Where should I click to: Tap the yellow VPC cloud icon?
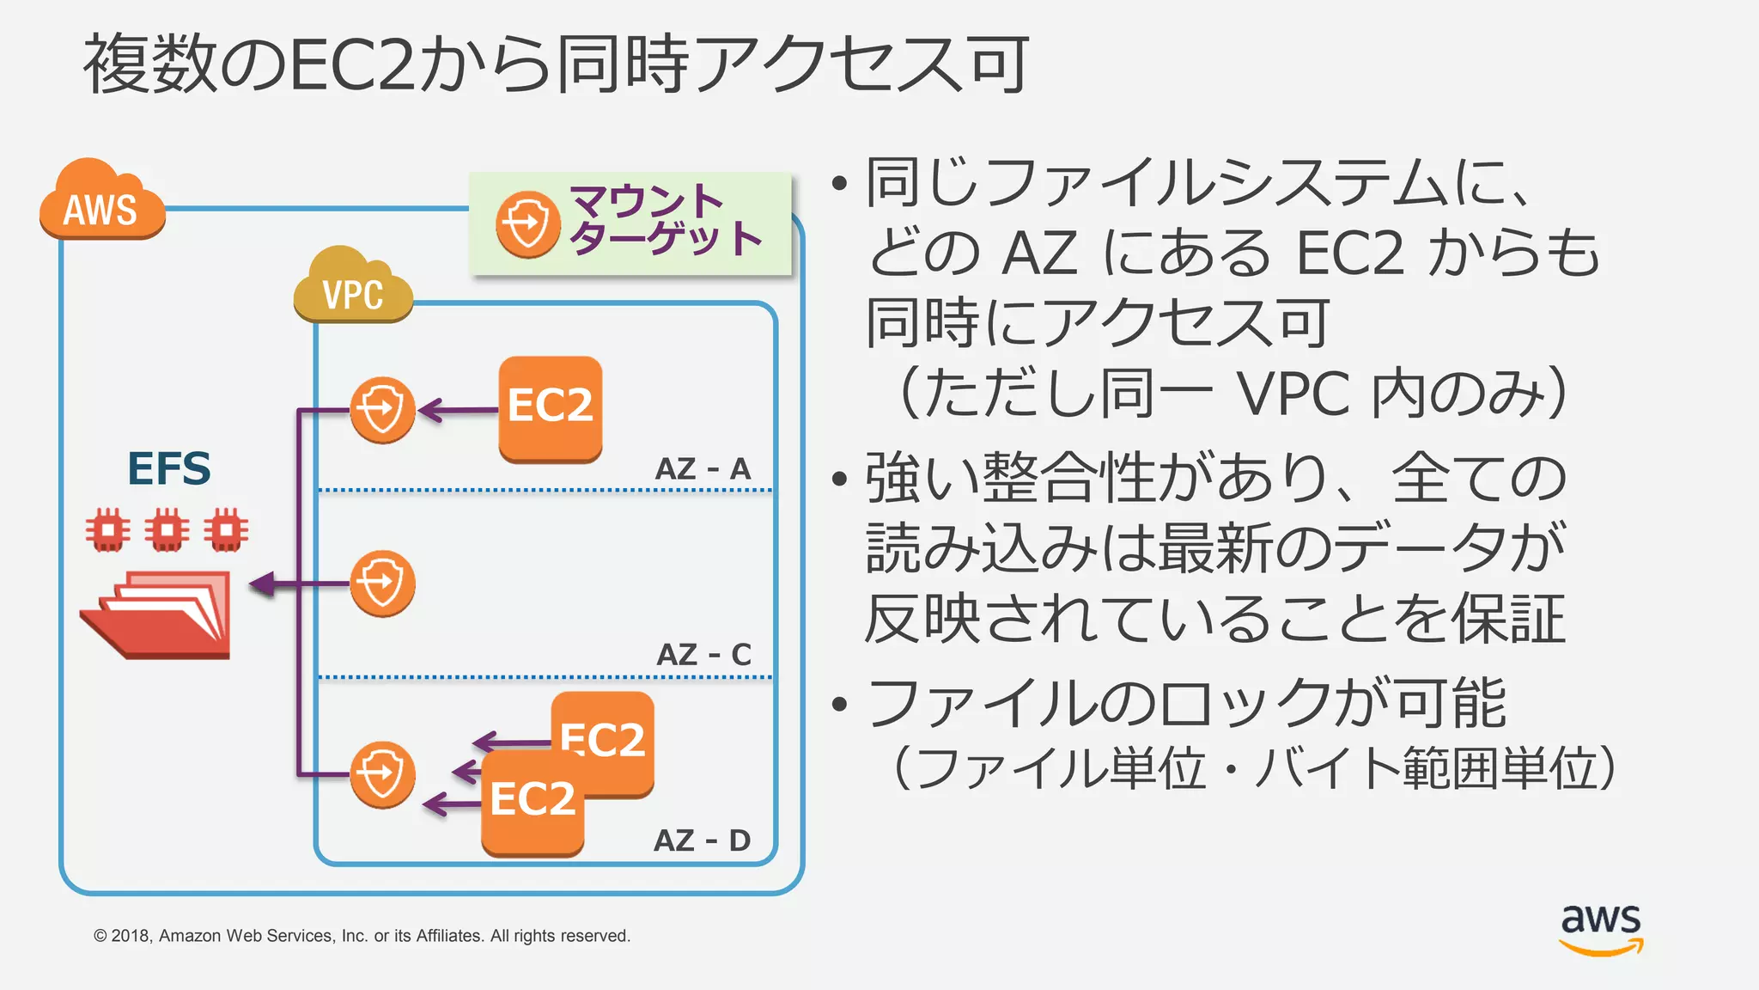pyautogui.click(x=352, y=287)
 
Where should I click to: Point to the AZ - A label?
pyautogui.click(x=703, y=469)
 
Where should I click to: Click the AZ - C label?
pyautogui.click(x=703, y=655)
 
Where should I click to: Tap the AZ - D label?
pyautogui.click(x=702, y=840)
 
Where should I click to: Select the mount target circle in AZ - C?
pyautogui.click(x=382, y=584)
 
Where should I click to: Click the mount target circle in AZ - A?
pyautogui.click(x=382, y=410)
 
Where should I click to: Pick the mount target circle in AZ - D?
pyautogui.click(x=382, y=774)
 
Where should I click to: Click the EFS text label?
pyautogui.click(x=168, y=469)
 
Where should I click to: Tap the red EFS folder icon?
pyautogui.click(x=160, y=615)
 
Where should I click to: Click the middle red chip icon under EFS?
pyautogui.click(x=167, y=530)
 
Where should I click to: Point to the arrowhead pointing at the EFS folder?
pyautogui.click(x=261, y=584)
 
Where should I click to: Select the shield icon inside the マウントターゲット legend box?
pyautogui.click(x=527, y=224)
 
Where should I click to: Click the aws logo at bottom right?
pyautogui.click(x=1601, y=928)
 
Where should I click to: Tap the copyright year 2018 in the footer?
pyautogui.click(x=131, y=936)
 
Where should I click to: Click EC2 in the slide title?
pyautogui.click(x=352, y=65)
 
